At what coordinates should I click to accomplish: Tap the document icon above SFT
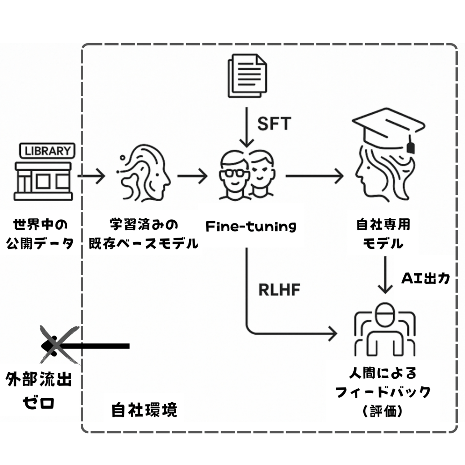click(x=246, y=75)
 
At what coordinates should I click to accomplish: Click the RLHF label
click(x=279, y=290)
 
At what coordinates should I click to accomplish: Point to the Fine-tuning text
click(x=251, y=226)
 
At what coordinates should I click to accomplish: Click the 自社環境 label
click(x=144, y=410)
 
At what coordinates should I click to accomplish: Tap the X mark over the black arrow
click(x=58, y=345)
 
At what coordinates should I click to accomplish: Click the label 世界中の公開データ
click(x=40, y=234)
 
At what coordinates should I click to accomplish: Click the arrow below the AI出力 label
click(x=385, y=275)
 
